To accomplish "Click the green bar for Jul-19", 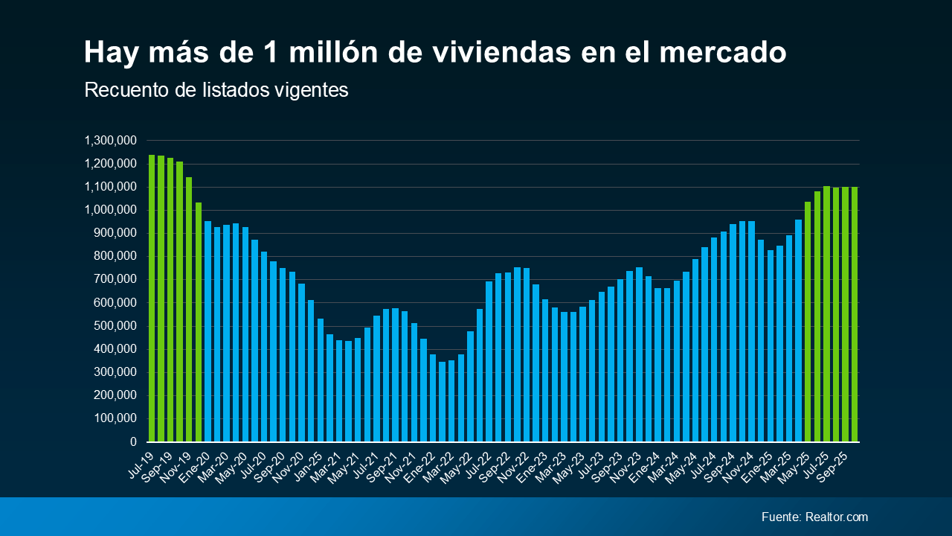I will pos(152,298).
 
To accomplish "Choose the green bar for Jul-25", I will pos(826,313).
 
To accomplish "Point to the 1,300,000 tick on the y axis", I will pos(109,141).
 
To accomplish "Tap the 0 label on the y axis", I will pos(132,442).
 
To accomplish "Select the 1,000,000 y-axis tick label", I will pos(109,210).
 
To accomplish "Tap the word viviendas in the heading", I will pos(490,53).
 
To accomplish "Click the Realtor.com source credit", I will pos(836,517).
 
